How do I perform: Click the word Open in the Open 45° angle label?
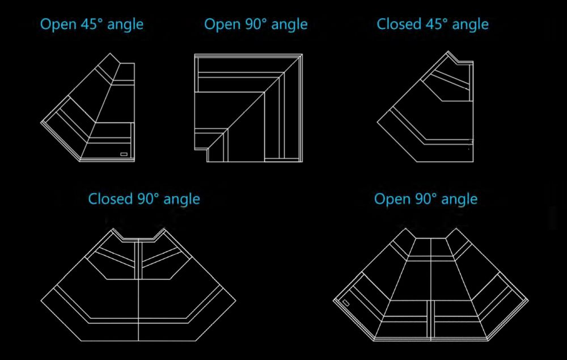click(x=56, y=24)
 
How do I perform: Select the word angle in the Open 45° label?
click(x=126, y=24)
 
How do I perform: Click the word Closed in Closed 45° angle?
click(x=397, y=24)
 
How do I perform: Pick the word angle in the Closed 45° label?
click(x=471, y=24)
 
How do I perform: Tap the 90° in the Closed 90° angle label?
click(x=147, y=199)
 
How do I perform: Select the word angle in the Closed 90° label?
click(x=182, y=199)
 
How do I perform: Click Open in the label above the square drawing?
click(x=219, y=24)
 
